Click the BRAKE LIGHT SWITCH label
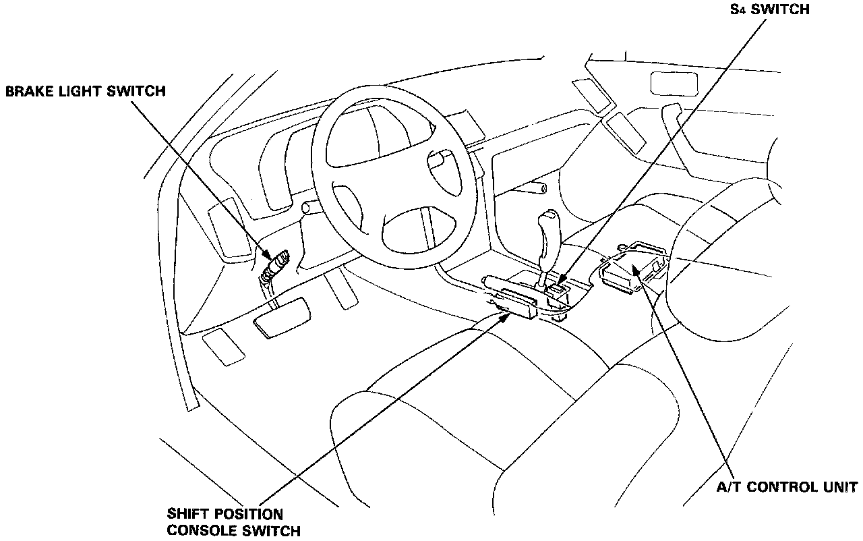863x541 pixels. (x=85, y=91)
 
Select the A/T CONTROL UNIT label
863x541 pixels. (x=787, y=487)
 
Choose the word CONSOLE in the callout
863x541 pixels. (x=212, y=530)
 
